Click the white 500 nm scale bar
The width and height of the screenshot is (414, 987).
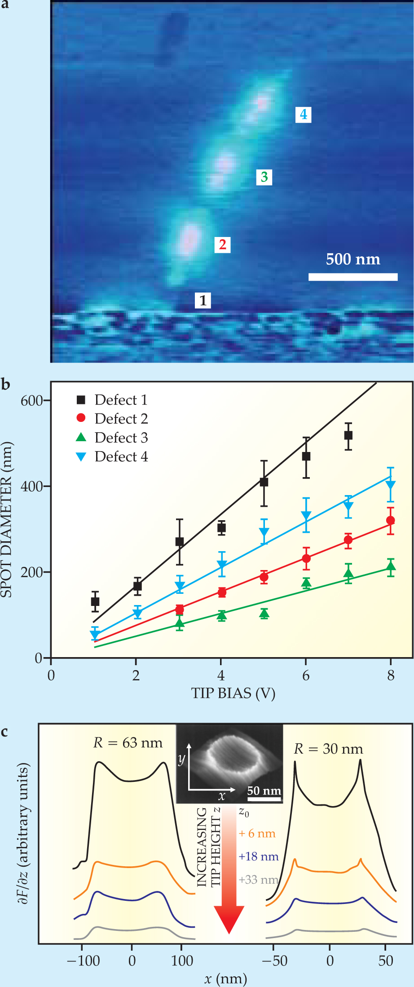pyautogui.click(x=353, y=276)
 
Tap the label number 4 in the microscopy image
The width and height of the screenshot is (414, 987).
pyautogui.click(x=304, y=114)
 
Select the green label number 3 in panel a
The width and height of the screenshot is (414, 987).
pyautogui.click(x=264, y=177)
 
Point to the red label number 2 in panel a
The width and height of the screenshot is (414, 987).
pyautogui.click(x=222, y=245)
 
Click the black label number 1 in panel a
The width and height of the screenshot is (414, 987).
pyautogui.click(x=203, y=300)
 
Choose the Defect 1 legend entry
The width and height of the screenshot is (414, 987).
pyautogui.click(x=112, y=400)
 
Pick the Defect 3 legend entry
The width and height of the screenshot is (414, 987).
pyautogui.click(x=112, y=438)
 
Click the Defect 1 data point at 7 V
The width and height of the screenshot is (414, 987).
pyautogui.click(x=348, y=435)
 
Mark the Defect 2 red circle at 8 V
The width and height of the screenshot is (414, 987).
pyautogui.click(x=390, y=521)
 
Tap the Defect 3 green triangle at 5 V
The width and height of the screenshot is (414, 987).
pyautogui.click(x=264, y=614)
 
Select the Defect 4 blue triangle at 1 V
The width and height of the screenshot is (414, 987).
pyautogui.click(x=95, y=635)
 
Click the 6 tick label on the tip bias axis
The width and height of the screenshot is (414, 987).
pyautogui.click(x=306, y=676)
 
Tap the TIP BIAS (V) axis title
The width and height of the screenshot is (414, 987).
pyautogui.click(x=233, y=693)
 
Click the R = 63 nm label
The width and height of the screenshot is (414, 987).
pyautogui.click(x=128, y=743)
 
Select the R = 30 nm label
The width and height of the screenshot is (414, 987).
pyautogui.click(x=328, y=749)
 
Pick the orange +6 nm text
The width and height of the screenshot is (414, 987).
pyautogui.click(x=257, y=833)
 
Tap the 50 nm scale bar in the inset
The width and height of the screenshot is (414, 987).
pyautogui.click(x=264, y=799)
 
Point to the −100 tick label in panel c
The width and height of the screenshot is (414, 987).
pyautogui.click(x=83, y=961)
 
